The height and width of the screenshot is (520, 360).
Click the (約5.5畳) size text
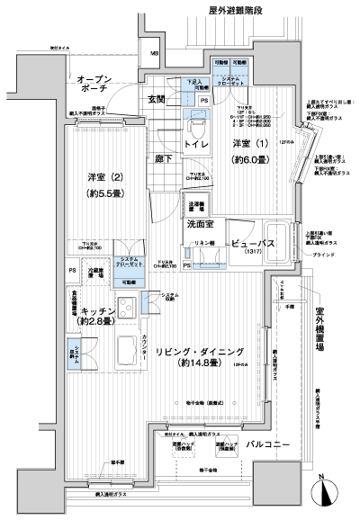tap(105, 193)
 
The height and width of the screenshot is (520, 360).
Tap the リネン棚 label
tap(204, 245)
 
